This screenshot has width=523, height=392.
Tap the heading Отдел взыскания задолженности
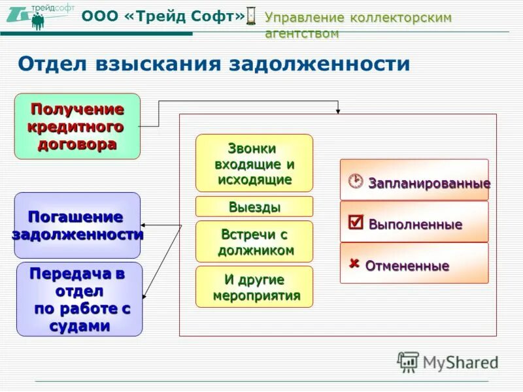[214, 63]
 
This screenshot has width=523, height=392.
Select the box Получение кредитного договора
[77, 126]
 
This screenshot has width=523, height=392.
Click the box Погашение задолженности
[77, 225]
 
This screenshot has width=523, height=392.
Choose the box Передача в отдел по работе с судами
[79, 299]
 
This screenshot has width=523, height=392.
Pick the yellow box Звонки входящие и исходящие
[254, 163]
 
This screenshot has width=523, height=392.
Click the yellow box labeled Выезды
[254, 207]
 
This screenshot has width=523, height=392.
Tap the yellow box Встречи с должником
[254, 242]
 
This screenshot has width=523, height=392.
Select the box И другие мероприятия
[254, 287]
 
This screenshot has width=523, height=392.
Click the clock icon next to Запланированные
[355, 181]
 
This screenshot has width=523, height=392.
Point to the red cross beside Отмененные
[354, 264]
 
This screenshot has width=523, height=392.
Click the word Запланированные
[429, 184]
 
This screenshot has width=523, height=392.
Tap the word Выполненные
[415, 225]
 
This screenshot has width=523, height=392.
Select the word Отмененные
[407, 267]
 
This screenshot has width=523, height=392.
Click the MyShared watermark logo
[448, 361]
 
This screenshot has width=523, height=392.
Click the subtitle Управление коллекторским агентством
[358, 25]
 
